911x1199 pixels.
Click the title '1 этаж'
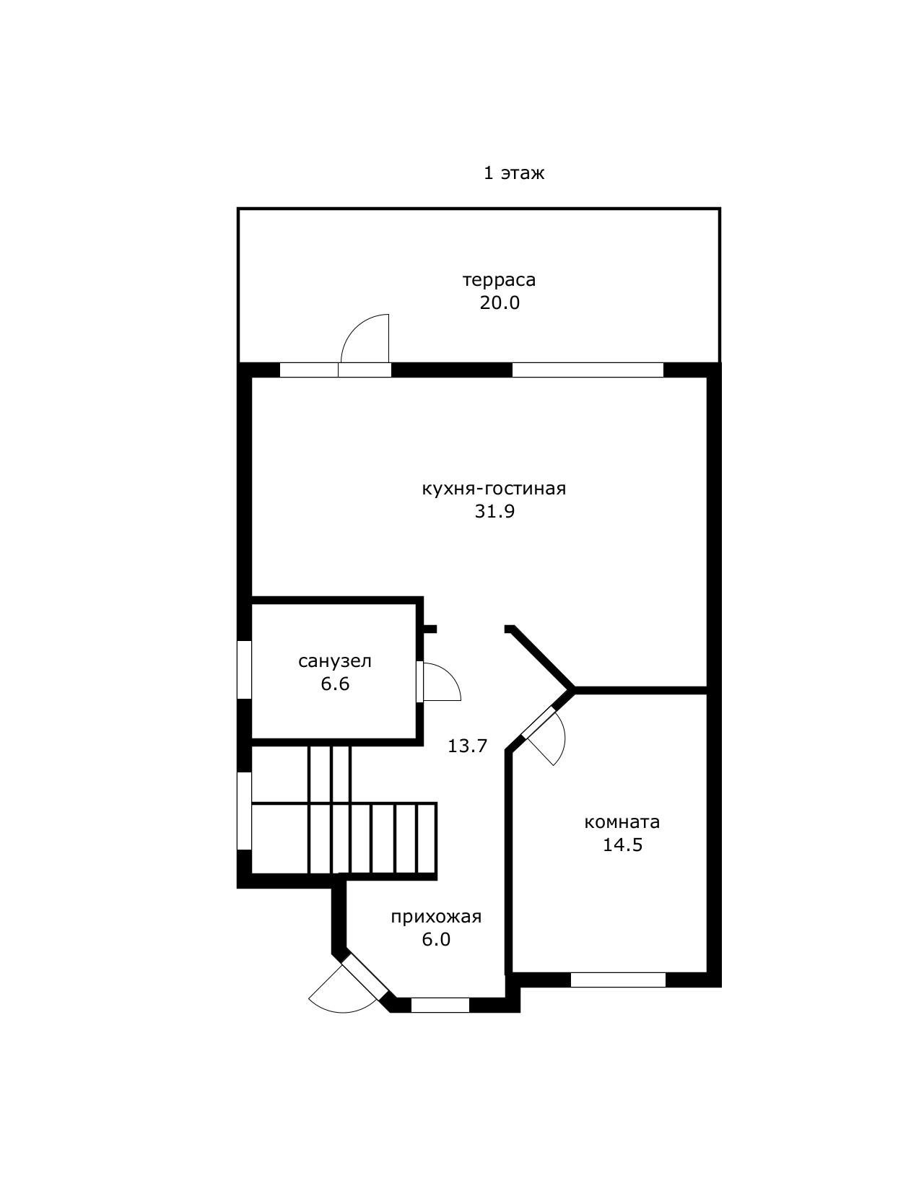(514, 173)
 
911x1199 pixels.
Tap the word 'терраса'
(500, 280)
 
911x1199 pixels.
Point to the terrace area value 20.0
(500, 302)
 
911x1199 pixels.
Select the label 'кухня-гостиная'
(494, 489)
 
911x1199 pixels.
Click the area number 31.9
(494, 511)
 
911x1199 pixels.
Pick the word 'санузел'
(335, 661)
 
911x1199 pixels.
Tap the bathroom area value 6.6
(335, 684)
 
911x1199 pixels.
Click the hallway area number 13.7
(467, 746)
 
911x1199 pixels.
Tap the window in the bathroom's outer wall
(244, 670)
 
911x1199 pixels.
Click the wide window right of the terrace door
(588, 370)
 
